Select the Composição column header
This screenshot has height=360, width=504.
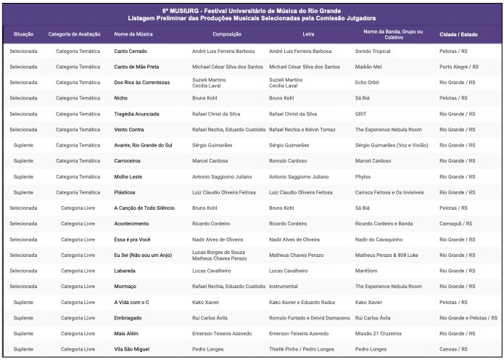click(227, 34)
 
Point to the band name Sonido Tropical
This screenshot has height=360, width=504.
click(373, 52)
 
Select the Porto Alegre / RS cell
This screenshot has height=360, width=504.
click(459, 67)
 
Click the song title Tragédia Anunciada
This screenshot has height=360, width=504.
click(137, 114)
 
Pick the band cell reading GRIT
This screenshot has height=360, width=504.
click(361, 114)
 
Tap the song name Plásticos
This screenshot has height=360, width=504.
click(126, 192)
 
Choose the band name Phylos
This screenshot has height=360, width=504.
click(363, 176)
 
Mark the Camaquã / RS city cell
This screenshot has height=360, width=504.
click(456, 224)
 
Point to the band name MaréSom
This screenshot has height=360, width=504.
click(366, 271)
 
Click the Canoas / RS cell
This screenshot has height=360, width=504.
click(453, 349)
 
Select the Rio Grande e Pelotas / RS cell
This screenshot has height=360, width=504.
click(468, 318)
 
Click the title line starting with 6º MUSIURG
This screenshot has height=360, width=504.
click(252, 11)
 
